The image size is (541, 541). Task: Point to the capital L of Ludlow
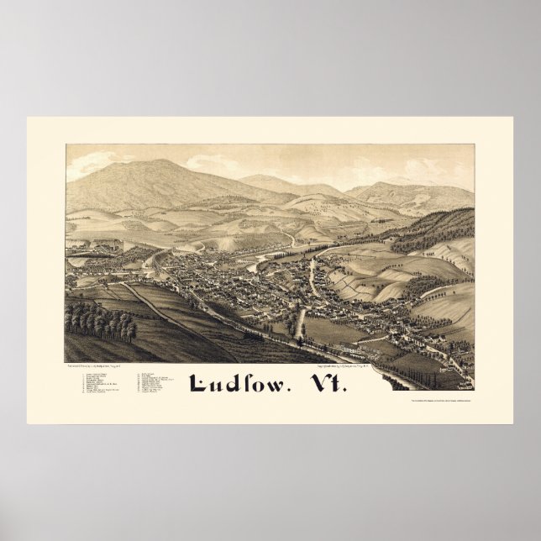pyautogui.click(x=201, y=382)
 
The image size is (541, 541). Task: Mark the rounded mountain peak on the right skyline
pyautogui.click(x=382, y=183)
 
